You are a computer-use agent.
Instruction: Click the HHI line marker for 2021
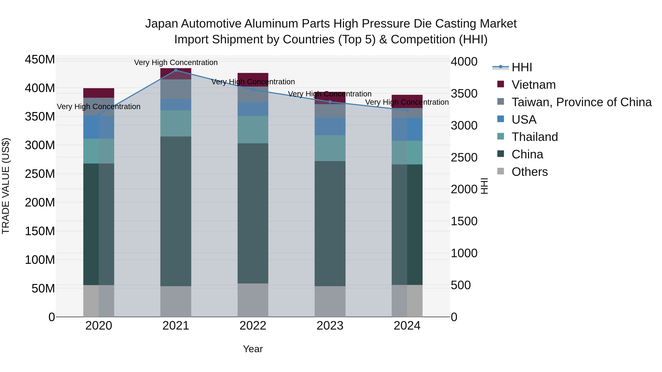[x=176, y=70]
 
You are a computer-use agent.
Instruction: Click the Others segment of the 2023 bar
[x=330, y=301]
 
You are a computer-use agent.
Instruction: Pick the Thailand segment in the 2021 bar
[x=176, y=123]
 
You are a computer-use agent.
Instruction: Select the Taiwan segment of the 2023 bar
[x=330, y=111]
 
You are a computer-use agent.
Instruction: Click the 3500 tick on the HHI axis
[x=464, y=94]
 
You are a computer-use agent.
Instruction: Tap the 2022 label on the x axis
[x=253, y=326]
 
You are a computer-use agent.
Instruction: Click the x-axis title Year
[x=253, y=349]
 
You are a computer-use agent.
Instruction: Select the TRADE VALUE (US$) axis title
[x=6, y=186]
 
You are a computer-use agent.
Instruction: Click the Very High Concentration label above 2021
[x=176, y=62]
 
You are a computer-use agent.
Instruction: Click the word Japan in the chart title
[x=162, y=24]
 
